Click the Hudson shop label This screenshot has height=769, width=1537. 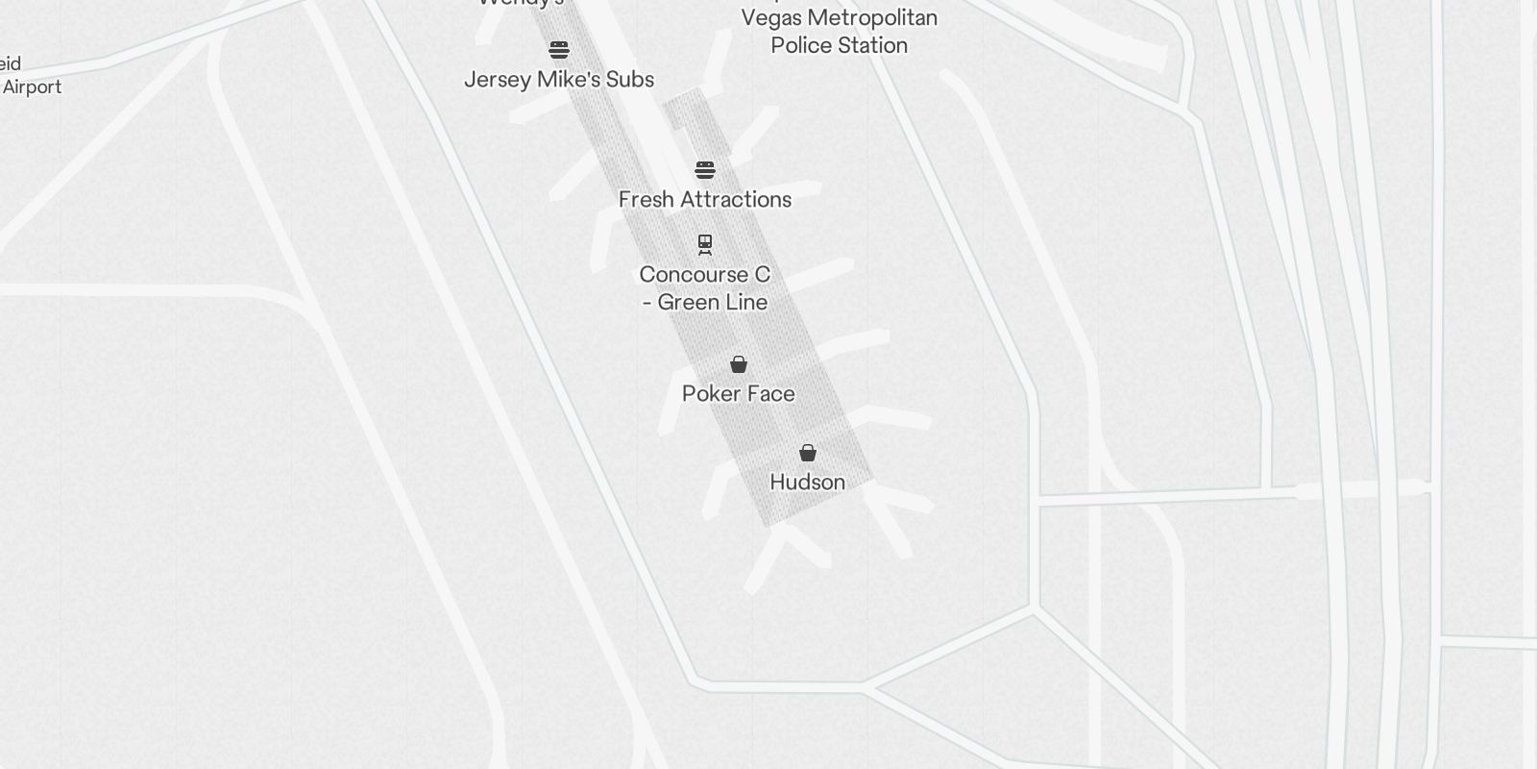pos(807,482)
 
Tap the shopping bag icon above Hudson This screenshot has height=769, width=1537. pos(808,453)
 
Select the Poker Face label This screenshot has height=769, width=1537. pos(738,393)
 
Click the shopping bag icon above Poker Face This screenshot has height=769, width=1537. pos(739,364)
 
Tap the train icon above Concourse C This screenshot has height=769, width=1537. pos(705,244)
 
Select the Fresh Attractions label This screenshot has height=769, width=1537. pos(705,199)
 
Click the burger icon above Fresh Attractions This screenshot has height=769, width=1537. pos(705,170)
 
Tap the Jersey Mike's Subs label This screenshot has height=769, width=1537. pos(559,79)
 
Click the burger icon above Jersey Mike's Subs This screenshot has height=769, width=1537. pos(559,49)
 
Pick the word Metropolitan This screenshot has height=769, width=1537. pos(873,18)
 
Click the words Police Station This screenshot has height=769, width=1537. pos(839,45)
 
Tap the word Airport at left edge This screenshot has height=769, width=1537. pos(32,87)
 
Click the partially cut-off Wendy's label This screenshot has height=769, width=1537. pos(521,3)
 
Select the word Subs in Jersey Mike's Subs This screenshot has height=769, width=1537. pos(630,79)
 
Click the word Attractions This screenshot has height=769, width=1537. pos(736,199)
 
